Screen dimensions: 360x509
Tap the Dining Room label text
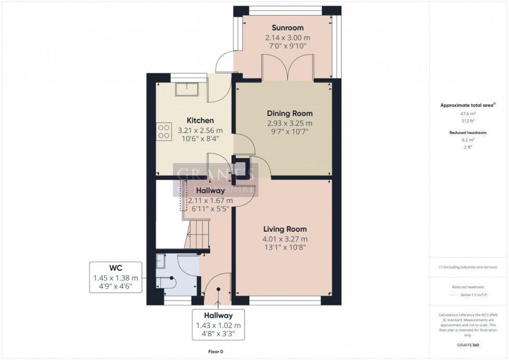tap(290, 113)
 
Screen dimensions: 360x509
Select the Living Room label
tap(285, 229)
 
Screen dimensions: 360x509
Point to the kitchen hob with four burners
tap(164, 130)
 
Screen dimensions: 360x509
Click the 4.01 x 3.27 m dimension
tap(285, 239)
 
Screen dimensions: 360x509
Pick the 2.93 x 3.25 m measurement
tap(290, 123)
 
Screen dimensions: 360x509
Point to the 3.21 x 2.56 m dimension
tap(200, 130)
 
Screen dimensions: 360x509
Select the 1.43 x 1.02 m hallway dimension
tap(218, 325)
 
